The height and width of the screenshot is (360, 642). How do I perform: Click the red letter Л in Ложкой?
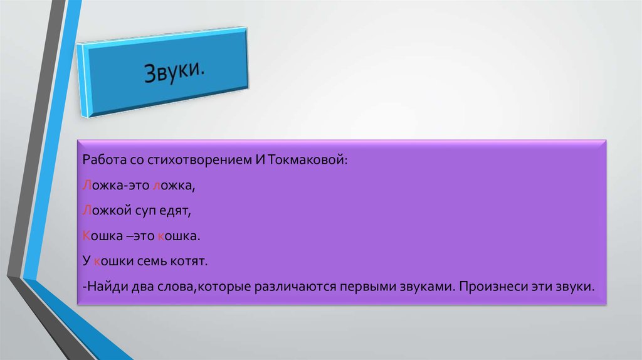click(85, 211)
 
